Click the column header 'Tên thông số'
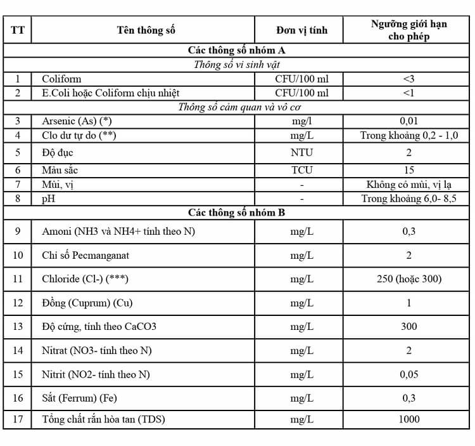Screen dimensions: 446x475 146,30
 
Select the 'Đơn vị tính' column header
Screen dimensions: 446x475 301,30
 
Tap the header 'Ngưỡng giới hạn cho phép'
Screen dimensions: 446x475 408,30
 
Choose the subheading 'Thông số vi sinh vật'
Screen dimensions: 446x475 237,64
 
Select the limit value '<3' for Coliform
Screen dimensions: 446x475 408,79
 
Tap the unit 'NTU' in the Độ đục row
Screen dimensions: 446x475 301,152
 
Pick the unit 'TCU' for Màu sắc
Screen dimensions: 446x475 301,170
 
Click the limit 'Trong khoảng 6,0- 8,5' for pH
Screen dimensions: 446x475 408,199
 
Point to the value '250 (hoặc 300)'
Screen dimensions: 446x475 408,279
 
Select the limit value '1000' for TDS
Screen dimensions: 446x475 408,419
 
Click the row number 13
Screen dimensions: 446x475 18,326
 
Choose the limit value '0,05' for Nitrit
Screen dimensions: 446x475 408,374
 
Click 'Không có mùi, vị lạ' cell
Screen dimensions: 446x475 408,185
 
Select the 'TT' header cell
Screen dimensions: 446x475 18,30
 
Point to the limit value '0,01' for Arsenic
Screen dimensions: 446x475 408,121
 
